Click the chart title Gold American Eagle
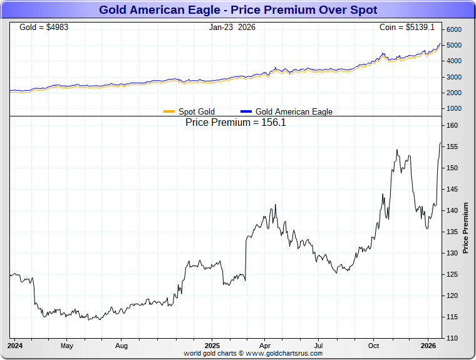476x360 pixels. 238,10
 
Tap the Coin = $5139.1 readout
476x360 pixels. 406,28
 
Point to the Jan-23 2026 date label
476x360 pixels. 232,28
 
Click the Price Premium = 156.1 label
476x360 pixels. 235,123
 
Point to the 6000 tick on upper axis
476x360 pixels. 454,30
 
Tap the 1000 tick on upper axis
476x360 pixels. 454,108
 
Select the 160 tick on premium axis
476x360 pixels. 452,126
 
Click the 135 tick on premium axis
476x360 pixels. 452,232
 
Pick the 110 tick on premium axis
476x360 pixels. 452,338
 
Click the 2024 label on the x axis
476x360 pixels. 15,345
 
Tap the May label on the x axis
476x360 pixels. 67,345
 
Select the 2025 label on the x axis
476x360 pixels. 212,345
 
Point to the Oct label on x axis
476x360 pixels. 374,345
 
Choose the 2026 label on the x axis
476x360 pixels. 428,345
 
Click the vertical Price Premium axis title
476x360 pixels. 465,228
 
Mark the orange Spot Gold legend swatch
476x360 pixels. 169,111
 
